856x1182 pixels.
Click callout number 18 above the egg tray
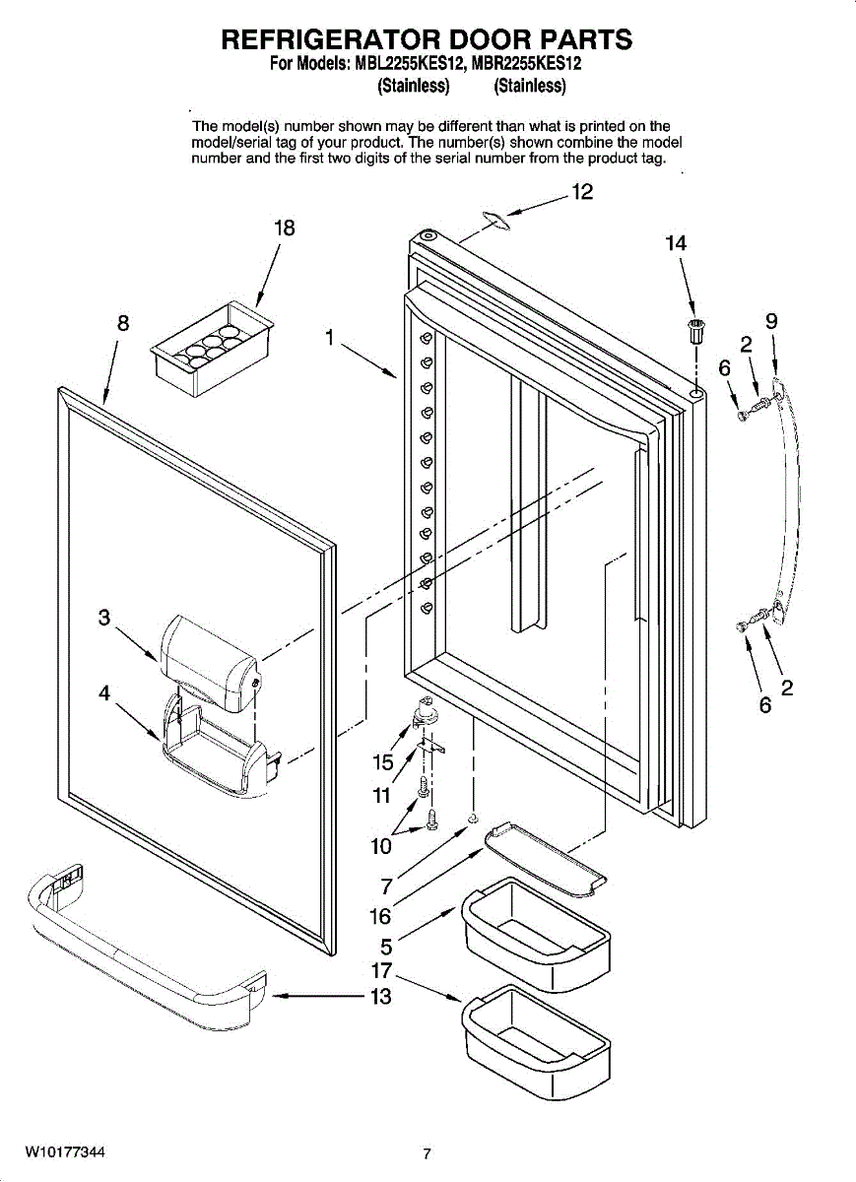click(x=285, y=229)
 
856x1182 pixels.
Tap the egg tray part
click(x=212, y=349)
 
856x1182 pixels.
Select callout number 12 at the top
click(x=582, y=192)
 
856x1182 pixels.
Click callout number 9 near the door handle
click(x=771, y=321)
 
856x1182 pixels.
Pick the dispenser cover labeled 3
click(x=210, y=663)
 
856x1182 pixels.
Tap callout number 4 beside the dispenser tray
click(x=104, y=692)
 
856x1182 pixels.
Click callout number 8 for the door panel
click(x=123, y=323)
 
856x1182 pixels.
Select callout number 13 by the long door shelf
click(x=381, y=996)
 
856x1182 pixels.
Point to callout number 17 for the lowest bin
click(x=381, y=970)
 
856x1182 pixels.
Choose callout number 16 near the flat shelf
click(x=381, y=917)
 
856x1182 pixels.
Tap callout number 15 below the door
click(x=383, y=762)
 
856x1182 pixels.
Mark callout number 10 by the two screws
click(x=381, y=846)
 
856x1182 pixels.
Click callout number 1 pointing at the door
click(x=330, y=337)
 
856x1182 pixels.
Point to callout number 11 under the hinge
click(x=381, y=795)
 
